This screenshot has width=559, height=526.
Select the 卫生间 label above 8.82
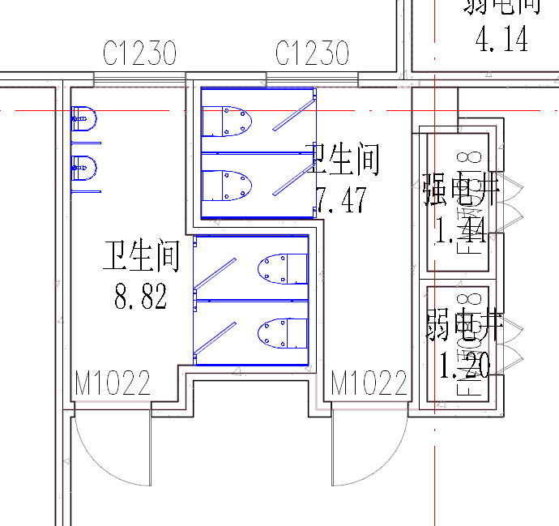pos(140,257)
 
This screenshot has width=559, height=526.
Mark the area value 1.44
pos(460,233)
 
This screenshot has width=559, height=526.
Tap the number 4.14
pos(502,38)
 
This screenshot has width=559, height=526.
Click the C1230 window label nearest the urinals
pos(139,54)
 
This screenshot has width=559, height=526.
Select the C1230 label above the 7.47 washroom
pos(312,54)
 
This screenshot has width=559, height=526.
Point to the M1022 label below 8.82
pos(113,383)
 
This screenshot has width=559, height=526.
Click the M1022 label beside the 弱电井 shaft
pos(369,383)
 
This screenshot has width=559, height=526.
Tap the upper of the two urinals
pos(84,119)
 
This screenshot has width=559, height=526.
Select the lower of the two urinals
pos(84,169)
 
